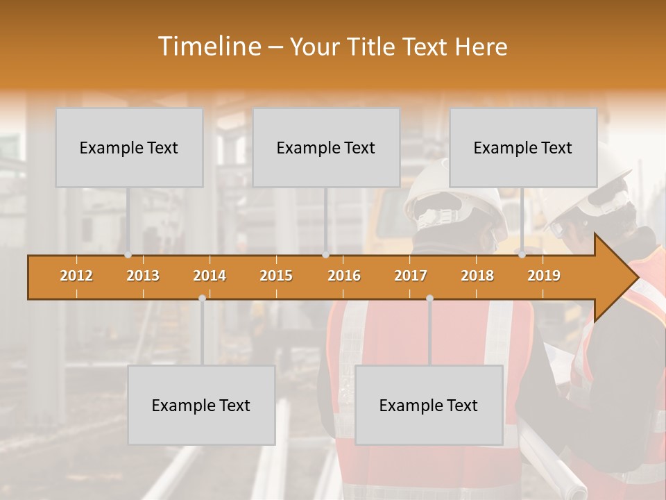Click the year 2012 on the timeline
point(76,276)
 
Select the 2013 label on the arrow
point(143,276)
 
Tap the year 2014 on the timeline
point(210,276)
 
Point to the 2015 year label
point(276,276)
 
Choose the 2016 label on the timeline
point(344,276)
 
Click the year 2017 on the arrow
point(411,276)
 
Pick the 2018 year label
point(477,276)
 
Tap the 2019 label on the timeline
point(544,276)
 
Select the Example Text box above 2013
point(129,147)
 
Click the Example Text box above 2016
point(326,147)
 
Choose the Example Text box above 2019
point(523,147)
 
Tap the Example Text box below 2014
point(201,405)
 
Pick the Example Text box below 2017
point(429,405)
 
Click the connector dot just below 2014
point(202,298)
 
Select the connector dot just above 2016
point(325,255)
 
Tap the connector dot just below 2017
point(429,298)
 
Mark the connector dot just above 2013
point(128,255)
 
